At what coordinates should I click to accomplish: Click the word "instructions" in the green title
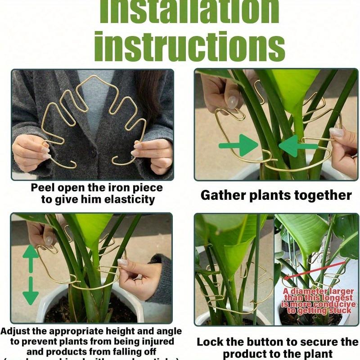(x=189, y=45)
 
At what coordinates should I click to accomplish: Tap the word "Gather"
(x=222, y=195)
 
